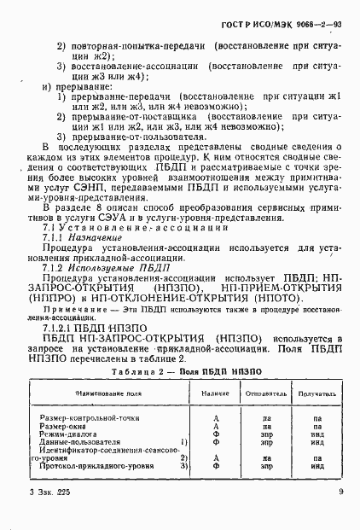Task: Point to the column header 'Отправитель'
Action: pyautogui.click(x=267, y=393)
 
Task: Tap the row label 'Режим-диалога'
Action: pyautogui.click(x=68, y=433)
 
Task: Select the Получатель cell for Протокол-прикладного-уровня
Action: pyautogui.click(x=317, y=467)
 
